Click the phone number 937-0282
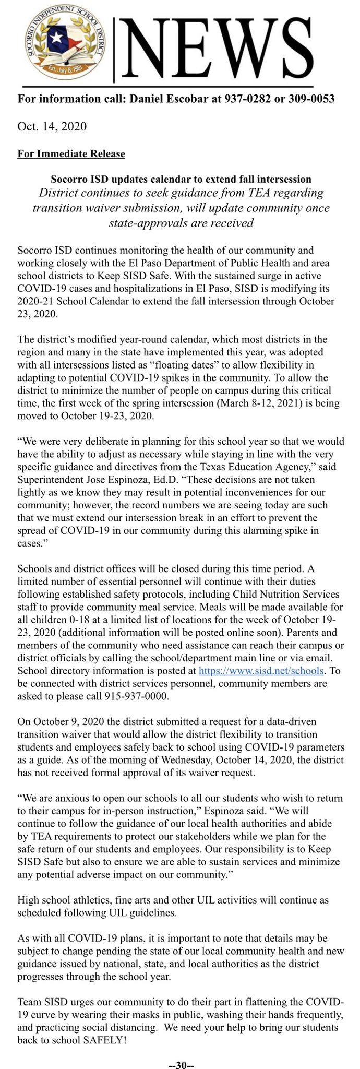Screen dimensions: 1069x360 tap(248, 99)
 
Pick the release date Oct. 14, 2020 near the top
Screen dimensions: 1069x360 tap(52, 126)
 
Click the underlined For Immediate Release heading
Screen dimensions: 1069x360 tap(71, 153)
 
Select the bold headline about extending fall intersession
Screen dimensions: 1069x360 tap(181, 179)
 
